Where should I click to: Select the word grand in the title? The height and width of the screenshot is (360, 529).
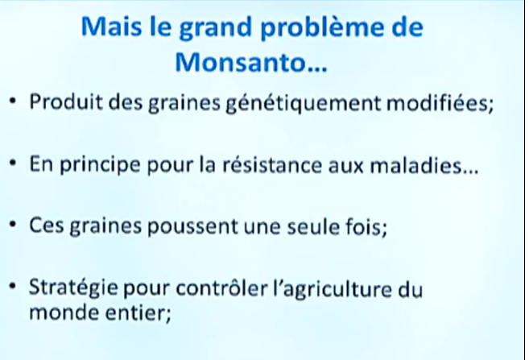(216, 27)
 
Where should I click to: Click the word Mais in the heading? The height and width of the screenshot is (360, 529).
(111, 26)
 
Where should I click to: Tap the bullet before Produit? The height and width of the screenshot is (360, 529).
(13, 101)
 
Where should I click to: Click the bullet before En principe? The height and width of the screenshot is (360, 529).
(13, 163)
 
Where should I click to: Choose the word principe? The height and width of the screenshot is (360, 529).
(100, 165)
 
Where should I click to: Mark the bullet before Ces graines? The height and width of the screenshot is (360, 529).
(13, 225)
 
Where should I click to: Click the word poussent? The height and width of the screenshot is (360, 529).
(192, 227)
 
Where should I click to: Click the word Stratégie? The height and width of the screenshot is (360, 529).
(73, 288)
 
